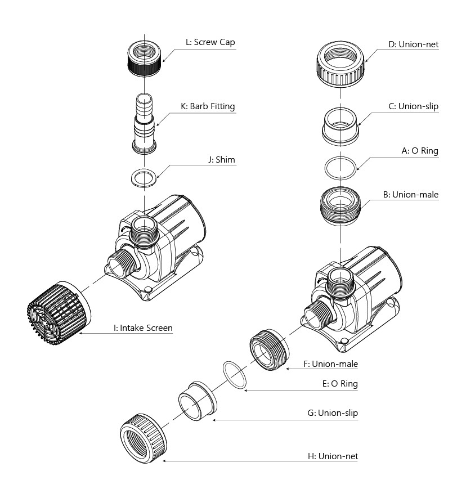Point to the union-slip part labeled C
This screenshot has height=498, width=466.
click(341, 125)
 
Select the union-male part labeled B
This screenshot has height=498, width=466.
click(341, 206)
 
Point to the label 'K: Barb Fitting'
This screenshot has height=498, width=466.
click(208, 106)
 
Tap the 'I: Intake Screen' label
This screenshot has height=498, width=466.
click(143, 327)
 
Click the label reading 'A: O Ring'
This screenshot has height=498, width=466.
click(419, 151)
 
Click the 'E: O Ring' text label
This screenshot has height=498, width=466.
click(338, 384)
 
